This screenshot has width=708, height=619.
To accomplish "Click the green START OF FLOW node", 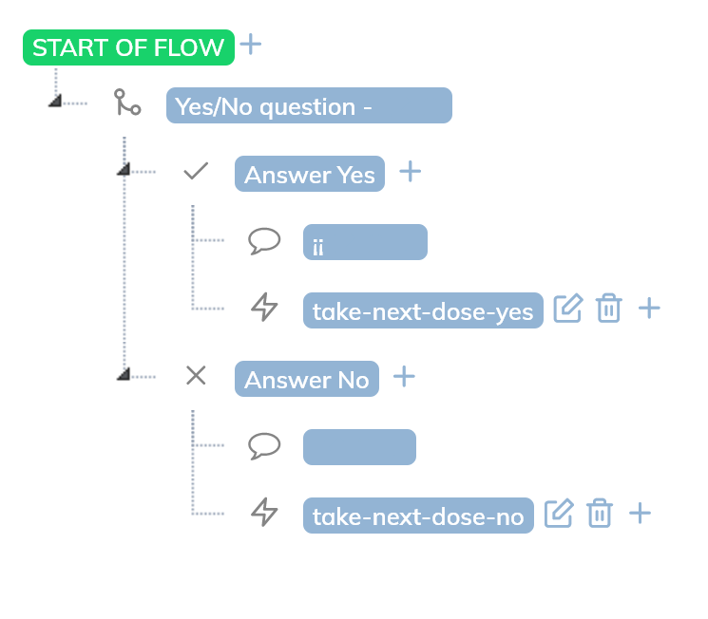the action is tap(128, 47).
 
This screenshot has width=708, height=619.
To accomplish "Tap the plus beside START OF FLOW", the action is tap(251, 45).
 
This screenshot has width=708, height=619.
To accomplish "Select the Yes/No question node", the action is tap(309, 105).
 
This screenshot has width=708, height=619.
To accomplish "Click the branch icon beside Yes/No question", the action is tap(127, 102).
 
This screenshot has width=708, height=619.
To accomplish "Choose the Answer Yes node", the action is tap(310, 174).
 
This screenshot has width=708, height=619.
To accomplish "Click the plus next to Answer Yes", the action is tap(411, 172).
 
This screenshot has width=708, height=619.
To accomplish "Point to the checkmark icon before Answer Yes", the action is tap(196, 171).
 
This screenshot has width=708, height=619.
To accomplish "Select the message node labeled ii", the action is tap(365, 242).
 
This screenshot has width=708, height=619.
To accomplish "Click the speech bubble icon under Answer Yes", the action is tap(264, 241).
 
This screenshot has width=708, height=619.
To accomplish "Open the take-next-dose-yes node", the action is tap(423, 310).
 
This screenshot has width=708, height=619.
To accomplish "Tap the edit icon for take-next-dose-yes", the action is tap(568, 308).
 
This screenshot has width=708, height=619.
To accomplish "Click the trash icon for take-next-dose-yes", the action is tap(609, 308).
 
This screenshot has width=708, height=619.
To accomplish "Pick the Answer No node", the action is tap(307, 379).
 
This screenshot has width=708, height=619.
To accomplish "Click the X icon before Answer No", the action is tap(196, 375).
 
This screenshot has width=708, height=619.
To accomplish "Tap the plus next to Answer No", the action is tap(404, 376).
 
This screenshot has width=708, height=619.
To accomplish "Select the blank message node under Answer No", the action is tap(359, 447).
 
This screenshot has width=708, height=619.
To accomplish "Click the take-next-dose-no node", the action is tap(418, 516).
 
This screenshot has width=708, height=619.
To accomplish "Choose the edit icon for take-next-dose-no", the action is tap(559, 513).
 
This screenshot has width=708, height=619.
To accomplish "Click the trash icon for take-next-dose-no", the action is tap(600, 513).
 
